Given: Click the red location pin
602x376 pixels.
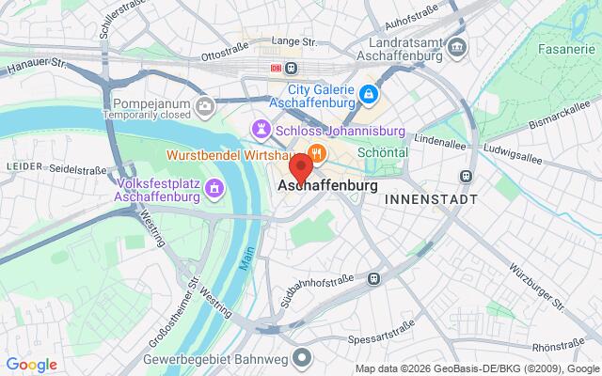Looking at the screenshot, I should [300, 169].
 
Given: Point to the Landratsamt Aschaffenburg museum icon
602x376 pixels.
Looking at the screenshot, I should [456, 45].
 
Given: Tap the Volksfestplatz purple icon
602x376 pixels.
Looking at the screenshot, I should [214, 188].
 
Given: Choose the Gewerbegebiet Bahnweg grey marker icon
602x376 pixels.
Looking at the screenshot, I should [300, 357].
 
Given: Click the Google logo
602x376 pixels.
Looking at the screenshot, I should [31, 365].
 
